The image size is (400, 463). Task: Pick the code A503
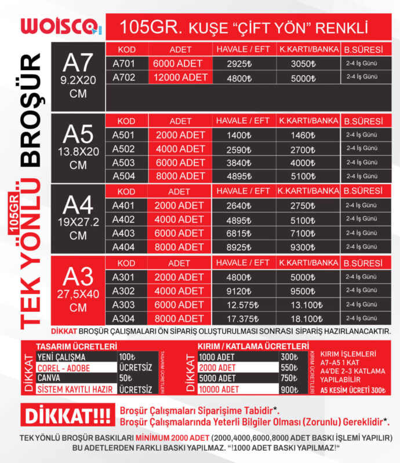[x=123, y=163]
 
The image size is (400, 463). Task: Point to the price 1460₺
[x=303, y=135]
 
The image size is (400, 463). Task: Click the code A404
[x=123, y=247]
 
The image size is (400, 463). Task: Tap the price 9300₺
[x=303, y=247]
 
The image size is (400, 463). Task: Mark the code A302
[x=123, y=291]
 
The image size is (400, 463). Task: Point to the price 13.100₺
[x=303, y=304]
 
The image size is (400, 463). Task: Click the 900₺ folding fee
[x=288, y=389]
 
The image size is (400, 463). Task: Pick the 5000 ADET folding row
[x=216, y=379]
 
